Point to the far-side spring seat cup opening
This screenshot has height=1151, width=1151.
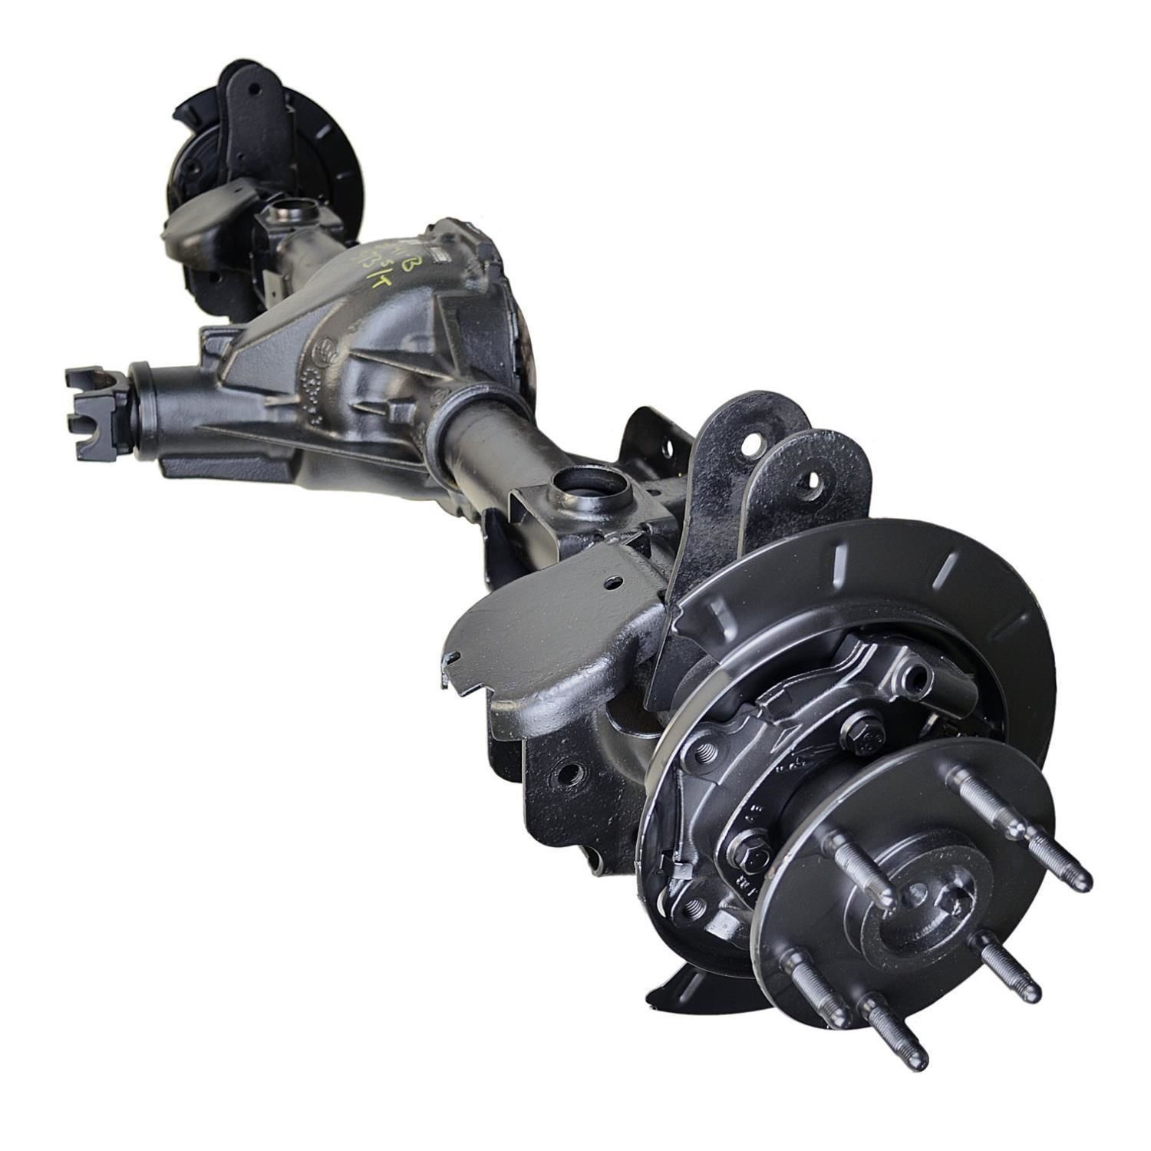tap(289, 209)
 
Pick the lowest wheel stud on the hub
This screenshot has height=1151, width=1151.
tap(917, 1062)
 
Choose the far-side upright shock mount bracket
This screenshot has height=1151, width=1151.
tap(253, 123)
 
